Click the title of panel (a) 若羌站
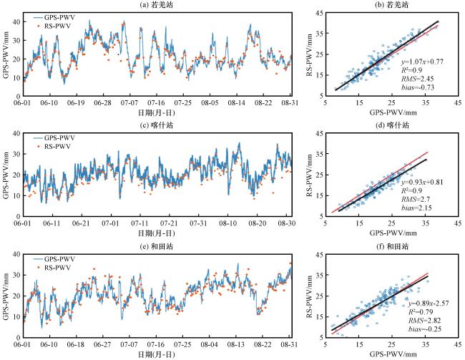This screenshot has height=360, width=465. coord(157,4)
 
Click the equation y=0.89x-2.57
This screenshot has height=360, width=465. coord(429,303)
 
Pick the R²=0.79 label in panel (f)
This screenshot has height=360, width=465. coord(421,312)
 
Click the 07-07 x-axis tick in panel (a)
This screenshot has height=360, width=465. coord(129,102)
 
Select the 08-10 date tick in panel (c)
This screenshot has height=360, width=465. coord(227,223)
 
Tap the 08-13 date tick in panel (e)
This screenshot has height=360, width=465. coord(236,344)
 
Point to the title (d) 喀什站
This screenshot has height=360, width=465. coord(392,125)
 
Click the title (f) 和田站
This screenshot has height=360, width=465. coord(392,246)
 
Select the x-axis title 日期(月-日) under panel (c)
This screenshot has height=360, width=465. coord(157,233)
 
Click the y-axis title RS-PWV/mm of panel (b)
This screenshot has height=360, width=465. coord(310,54)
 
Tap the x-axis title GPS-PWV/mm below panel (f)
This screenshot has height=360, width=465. coord(393,354)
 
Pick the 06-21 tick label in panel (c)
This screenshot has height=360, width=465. coord(81,223)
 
